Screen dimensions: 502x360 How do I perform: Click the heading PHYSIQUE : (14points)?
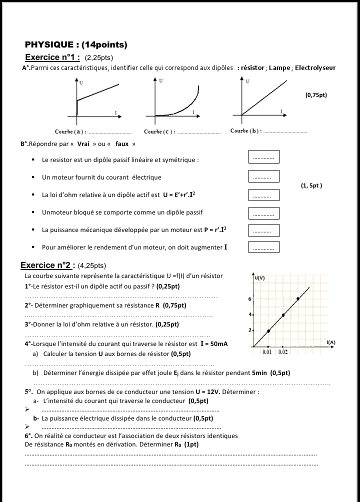coord(76,45)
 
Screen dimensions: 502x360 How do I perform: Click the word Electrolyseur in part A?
coord(315,68)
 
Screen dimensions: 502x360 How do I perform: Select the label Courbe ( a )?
coord(70,132)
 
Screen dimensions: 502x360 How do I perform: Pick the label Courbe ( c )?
coord(159,132)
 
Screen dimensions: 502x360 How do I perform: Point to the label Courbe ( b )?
coord(246,131)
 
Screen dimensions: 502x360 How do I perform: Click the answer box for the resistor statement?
coord(263,157)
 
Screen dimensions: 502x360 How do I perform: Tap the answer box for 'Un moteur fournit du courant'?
coord(263,176)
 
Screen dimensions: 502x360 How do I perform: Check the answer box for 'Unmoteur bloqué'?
coord(263,213)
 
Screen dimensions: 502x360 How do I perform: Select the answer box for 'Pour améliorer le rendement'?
coord(263,247)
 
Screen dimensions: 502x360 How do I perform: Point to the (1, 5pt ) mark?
coord(311,185)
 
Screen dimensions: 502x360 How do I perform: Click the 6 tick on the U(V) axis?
coord(249,298)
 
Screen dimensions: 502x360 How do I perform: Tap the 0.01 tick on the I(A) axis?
coord(268,352)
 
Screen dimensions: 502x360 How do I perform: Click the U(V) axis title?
coord(259,278)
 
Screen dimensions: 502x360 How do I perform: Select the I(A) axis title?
coord(330,342)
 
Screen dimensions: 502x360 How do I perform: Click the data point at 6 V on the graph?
coord(298,299)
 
